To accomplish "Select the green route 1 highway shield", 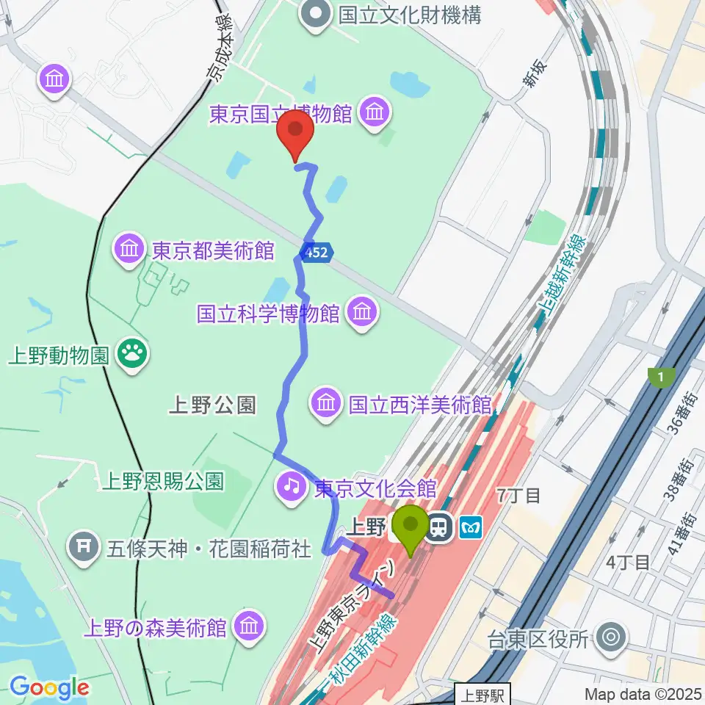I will (662, 377).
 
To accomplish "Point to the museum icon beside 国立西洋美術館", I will (325, 402).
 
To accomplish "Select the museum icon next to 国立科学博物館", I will (362, 313).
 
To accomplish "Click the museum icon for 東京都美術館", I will (129, 250).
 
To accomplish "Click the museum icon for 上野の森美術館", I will (249, 626).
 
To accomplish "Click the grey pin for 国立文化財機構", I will (317, 14).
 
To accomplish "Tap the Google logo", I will (48, 687).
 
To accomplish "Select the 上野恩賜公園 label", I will (162, 481).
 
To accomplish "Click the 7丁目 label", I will (518, 495).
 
